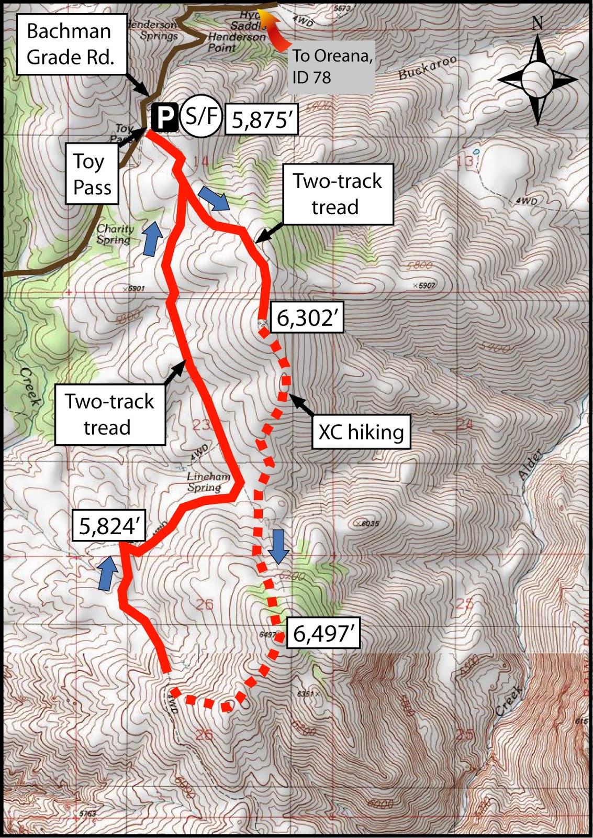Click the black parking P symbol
[164, 117]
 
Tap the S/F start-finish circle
[201, 116]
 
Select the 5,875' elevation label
[261, 120]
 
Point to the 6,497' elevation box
[324, 634]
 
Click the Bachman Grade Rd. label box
[71, 44]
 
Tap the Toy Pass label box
[92, 174]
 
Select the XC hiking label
[361, 432]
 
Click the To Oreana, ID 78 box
[332, 67]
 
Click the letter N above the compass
[538, 23]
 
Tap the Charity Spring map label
[115, 234]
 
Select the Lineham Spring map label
[208, 482]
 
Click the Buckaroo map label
[427, 67]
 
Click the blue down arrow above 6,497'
[278, 546]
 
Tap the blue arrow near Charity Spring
[152, 238]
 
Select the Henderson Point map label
[236, 42]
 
